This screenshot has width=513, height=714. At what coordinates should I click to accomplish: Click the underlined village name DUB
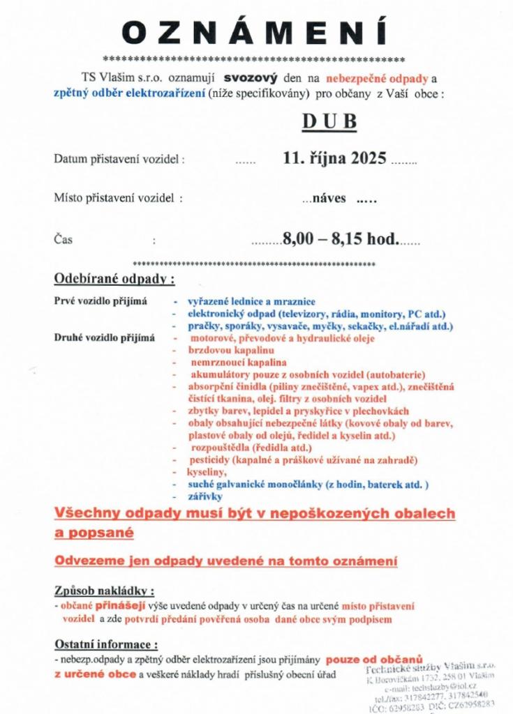[329, 121]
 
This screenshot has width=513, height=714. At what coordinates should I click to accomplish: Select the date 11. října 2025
[334, 158]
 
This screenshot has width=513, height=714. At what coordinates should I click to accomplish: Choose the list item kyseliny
[203, 471]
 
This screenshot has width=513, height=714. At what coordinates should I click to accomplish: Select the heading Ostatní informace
[106, 644]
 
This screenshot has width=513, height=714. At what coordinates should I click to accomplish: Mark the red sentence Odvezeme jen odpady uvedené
[225, 560]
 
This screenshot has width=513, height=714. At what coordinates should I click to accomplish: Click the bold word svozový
[255, 79]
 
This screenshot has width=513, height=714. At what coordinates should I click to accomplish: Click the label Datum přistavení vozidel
[119, 159]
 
